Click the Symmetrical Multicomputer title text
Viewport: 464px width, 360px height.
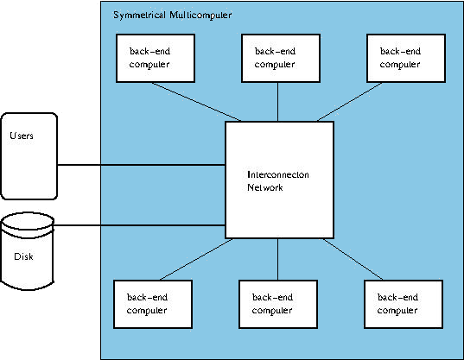[173, 15]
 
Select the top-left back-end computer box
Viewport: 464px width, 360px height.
[156, 58]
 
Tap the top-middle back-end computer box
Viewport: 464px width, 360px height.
[281, 58]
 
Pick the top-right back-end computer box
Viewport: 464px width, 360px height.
[406, 58]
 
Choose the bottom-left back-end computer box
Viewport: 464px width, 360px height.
[153, 304]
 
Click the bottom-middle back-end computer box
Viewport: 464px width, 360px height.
[278, 304]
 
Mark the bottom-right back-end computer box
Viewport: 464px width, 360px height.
[404, 304]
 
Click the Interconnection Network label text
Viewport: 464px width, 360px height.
[278, 181]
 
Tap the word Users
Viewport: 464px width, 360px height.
[22, 136]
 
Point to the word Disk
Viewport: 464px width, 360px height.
[23, 256]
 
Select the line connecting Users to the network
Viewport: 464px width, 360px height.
[141, 165]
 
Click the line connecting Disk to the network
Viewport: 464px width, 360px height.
[139, 225]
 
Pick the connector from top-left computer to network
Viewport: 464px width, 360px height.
[196, 102]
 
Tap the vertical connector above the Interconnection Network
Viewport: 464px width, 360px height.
[277, 102]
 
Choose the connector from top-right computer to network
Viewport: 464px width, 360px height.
[349, 102]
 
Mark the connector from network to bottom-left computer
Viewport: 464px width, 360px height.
[196, 259]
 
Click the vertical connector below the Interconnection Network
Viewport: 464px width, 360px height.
[277, 259]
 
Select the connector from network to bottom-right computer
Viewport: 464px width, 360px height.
[353, 259]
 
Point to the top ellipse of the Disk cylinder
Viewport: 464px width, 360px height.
[28, 212]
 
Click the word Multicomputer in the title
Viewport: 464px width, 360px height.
[200, 15]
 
